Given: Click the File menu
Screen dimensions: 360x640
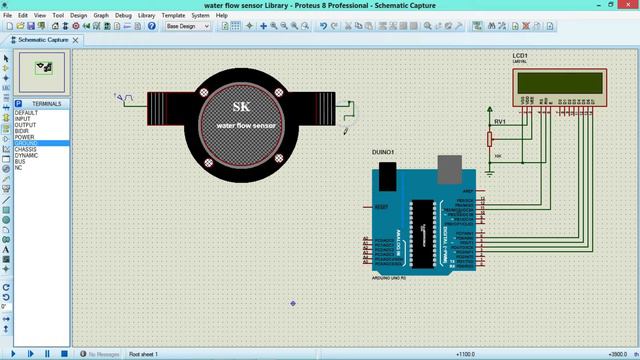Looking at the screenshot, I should point(9,16).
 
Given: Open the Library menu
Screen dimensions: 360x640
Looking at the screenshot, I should point(147,16).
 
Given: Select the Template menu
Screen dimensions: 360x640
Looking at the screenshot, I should point(174,16).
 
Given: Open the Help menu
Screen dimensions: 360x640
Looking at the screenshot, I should point(223,16).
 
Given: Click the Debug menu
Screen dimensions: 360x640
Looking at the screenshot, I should point(123,16).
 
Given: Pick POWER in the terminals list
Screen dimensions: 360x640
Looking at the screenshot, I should point(24,137).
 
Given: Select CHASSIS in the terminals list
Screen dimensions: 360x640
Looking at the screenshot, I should point(26,149).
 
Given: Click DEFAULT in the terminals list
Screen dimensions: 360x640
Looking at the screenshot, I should point(26,113).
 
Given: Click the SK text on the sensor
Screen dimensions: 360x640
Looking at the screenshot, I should point(241,107).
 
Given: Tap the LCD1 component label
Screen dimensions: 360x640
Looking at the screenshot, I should point(520,56).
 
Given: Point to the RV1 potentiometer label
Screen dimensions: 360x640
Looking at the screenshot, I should point(500,121).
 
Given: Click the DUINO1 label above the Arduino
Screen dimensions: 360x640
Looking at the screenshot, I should point(383,152).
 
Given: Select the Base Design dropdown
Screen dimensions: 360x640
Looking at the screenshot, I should point(188,27).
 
